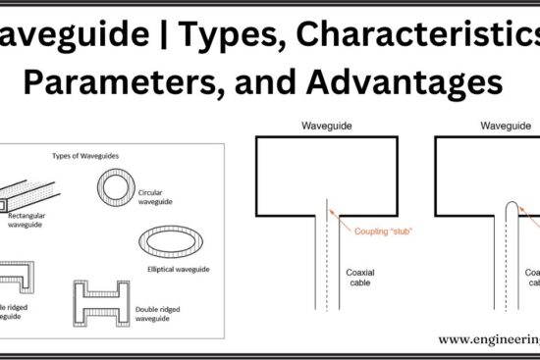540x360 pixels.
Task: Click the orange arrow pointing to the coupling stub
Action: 341,219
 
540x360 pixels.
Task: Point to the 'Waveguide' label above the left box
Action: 327,127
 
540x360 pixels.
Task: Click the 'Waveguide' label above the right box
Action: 502,127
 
